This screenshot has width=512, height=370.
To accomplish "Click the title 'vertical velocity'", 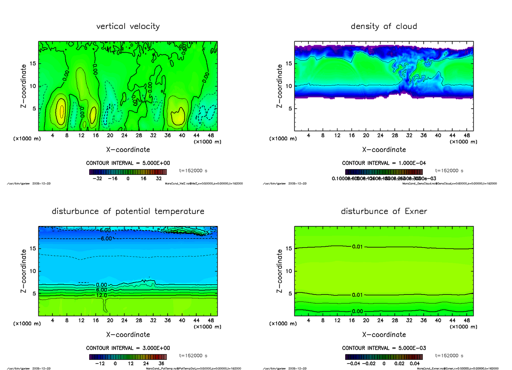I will (x=128, y=26).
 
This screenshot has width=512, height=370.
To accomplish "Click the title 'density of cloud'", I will (x=384, y=26).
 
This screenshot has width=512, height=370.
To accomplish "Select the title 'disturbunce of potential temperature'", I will (x=128, y=211).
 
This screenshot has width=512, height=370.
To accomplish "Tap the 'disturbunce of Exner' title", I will (x=384, y=211).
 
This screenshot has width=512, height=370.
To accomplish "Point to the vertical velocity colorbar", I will (x=128, y=172).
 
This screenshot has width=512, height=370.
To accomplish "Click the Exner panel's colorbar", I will (x=384, y=357).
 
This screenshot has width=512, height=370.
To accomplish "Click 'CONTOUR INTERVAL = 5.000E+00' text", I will (x=128, y=163).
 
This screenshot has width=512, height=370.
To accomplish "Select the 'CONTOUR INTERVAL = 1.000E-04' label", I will (x=384, y=163).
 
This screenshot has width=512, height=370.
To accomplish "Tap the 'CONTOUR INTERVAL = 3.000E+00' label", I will (x=128, y=348).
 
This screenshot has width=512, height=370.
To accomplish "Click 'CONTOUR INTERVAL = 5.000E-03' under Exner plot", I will (x=384, y=348).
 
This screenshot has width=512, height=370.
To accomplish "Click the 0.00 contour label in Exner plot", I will (x=358, y=311).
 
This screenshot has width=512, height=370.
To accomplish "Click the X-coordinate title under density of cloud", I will (x=384, y=150).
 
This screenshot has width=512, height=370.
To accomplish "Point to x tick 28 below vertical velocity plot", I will (x=138, y=135).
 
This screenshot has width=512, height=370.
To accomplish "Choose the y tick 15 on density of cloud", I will (x=289, y=64).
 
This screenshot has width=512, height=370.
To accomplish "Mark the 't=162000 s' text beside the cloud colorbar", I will (x=449, y=171).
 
